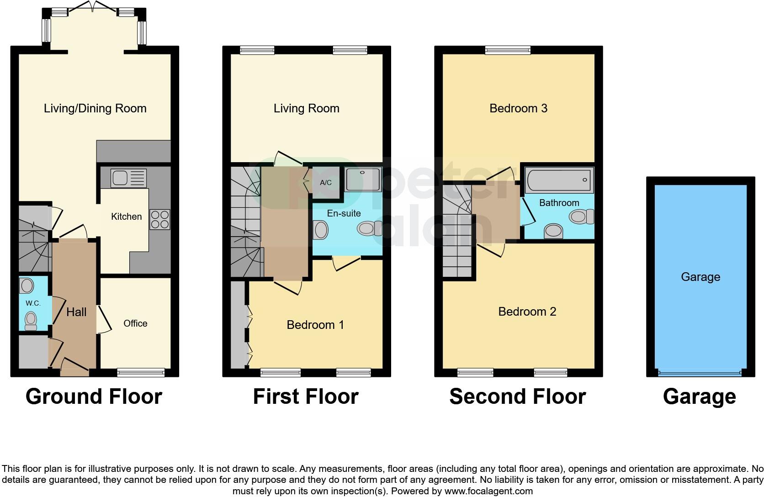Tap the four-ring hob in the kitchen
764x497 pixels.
click(x=159, y=219)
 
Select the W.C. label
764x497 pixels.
click(x=32, y=303)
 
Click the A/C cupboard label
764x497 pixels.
click(x=326, y=183)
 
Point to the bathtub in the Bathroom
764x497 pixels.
click(x=559, y=180)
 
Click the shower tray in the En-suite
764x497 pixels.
click(x=363, y=179)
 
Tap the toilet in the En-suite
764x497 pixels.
click(x=370, y=227)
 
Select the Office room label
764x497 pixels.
click(x=135, y=323)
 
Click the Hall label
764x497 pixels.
click(x=76, y=312)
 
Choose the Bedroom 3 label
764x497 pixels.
click(x=518, y=108)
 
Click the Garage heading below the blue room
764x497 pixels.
click(x=699, y=397)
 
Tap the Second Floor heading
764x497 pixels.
click(x=517, y=397)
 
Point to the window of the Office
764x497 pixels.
click(x=140, y=373)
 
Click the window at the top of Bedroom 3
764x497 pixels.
click(x=508, y=50)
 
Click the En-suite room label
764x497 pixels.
click(x=344, y=213)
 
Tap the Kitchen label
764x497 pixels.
click(x=127, y=217)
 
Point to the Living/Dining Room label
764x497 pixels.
click(x=95, y=108)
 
